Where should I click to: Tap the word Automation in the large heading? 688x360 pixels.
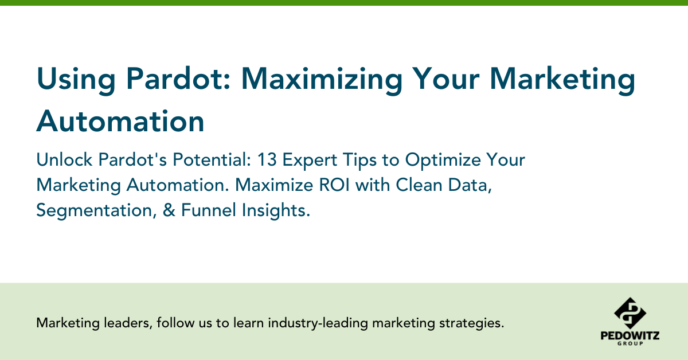tap(120, 121)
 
